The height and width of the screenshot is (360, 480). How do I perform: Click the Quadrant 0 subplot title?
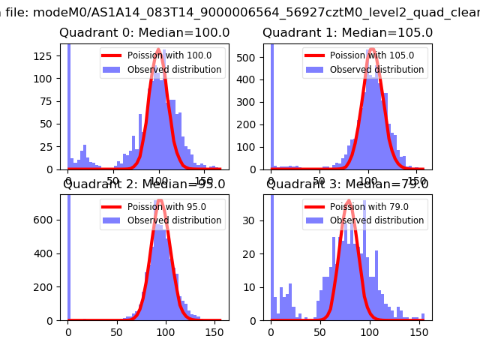coord(144,33)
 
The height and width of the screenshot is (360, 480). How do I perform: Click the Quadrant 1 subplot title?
coord(347,33)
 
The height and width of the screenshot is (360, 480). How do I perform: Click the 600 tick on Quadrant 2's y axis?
coord(49,220)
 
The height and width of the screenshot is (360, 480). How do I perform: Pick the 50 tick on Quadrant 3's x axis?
coord(319,330)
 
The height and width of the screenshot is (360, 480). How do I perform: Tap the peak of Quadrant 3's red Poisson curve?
coord(349,200)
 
